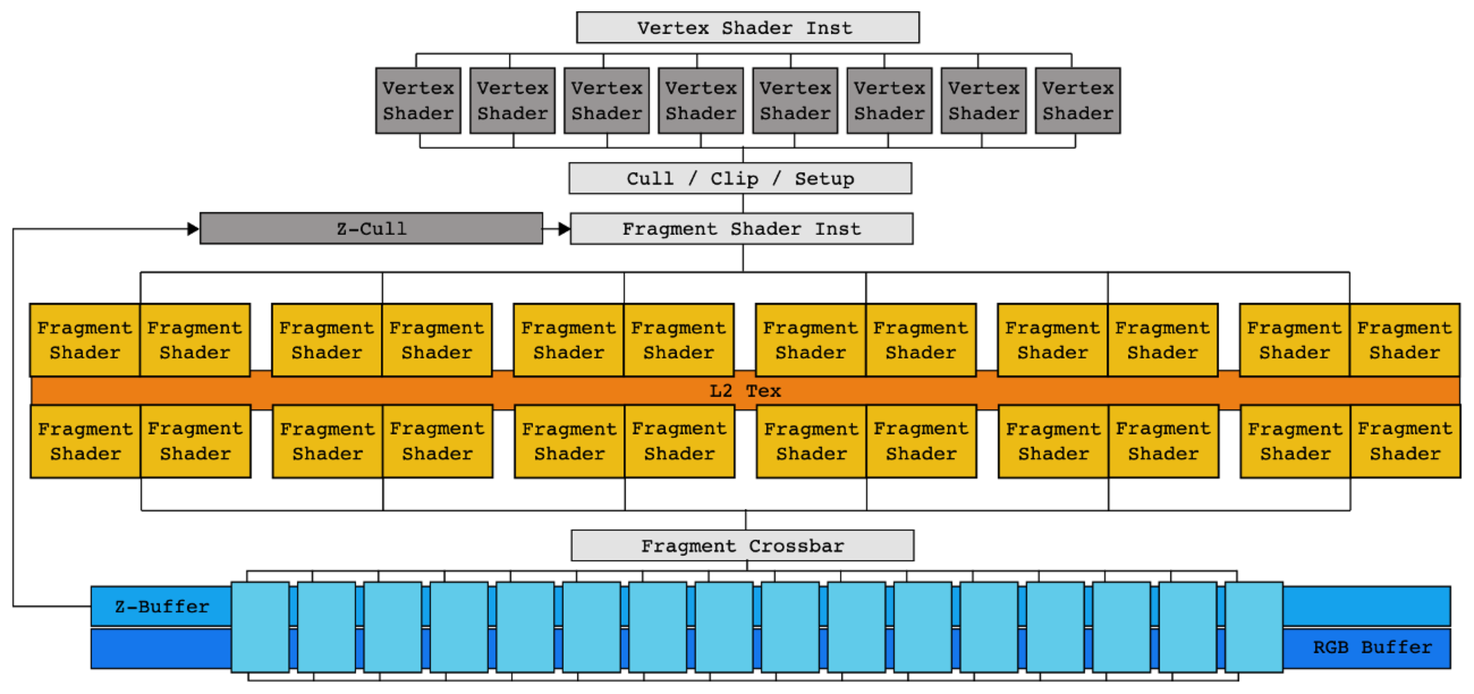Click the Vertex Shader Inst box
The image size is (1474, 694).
(x=747, y=28)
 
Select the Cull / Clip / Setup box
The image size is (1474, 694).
(x=740, y=178)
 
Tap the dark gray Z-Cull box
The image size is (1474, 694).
(x=371, y=229)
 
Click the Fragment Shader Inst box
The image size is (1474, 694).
(x=741, y=229)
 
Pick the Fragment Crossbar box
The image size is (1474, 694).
(x=742, y=546)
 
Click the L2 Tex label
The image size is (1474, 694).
(x=745, y=391)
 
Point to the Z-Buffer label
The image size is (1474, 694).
(x=162, y=606)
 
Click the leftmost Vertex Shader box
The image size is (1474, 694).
(x=418, y=101)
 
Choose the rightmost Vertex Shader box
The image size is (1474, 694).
(x=1078, y=101)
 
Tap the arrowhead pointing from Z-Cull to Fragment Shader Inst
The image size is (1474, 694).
(x=564, y=229)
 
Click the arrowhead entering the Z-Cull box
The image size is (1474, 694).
(x=194, y=229)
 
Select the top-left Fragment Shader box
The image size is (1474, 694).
(x=85, y=340)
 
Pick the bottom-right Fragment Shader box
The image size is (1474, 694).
(x=1405, y=441)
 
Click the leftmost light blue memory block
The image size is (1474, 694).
(x=260, y=627)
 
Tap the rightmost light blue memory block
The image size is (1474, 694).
(x=1253, y=627)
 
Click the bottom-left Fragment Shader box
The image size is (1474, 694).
(x=85, y=441)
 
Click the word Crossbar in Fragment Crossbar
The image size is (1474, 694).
(x=796, y=546)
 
